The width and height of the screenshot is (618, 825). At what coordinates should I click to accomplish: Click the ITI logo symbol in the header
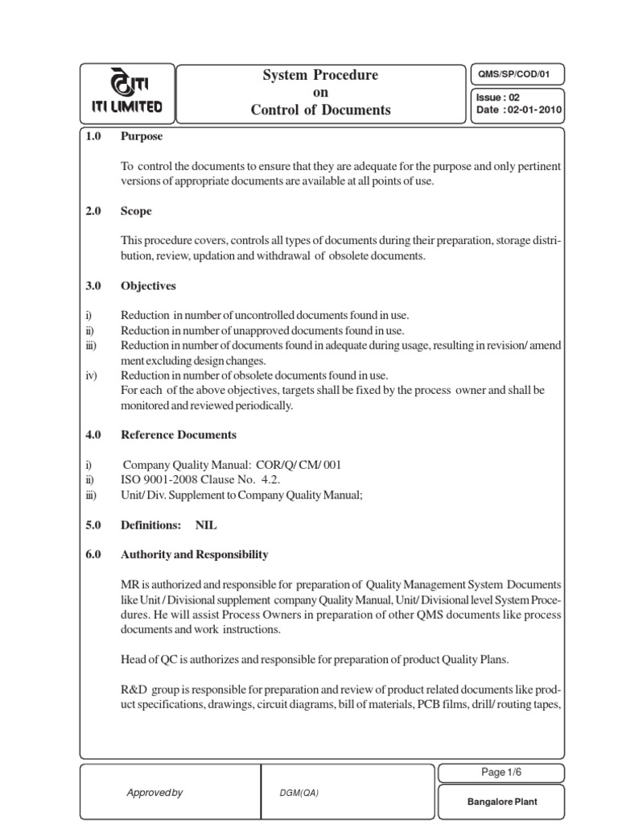coord(127,84)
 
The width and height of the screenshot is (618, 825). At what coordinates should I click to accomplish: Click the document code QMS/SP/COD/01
coord(517,76)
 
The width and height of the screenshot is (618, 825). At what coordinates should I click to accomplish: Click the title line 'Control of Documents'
coord(321,110)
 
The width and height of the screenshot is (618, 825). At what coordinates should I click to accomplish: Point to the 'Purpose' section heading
coord(142,136)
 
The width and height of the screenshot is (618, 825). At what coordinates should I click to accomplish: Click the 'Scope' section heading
coord(136,211)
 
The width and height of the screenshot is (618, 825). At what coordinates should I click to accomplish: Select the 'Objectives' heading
coord(148,286)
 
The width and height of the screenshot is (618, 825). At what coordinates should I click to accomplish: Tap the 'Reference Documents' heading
coord(179,435)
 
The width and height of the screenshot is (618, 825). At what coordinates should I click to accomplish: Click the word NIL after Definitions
coord(206,525)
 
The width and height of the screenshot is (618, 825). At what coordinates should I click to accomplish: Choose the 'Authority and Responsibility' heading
coord(194,555)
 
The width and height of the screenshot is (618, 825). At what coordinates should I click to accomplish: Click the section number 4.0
coord(93,435)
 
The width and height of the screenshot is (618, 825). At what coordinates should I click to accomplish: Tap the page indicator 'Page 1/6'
coord(501,773)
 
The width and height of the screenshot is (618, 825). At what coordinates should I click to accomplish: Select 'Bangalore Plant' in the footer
coord(501,802)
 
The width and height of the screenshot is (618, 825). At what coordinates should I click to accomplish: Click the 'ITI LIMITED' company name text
coord(127,106)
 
